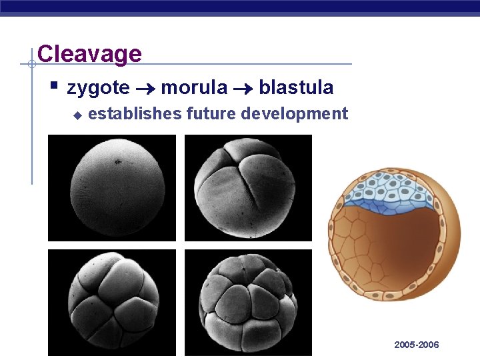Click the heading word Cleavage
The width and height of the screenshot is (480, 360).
pyautogui.click(x=89, y=54)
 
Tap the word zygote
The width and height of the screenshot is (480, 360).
pyautogui.click(x=98, y=87)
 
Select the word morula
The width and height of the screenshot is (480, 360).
pyautogui.click(x=194, y=87)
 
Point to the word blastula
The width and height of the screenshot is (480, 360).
pyautogui.click(x=296, y=87)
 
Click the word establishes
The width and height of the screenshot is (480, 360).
pyautogui.click(x=135, y=114)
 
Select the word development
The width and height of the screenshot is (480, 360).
pyautogui.click(x=294, y=114)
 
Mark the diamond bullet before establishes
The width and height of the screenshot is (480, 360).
pyautogui.click(x=77, y=115)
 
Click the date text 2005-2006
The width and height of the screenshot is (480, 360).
pyautogui.click(x=417, y=345)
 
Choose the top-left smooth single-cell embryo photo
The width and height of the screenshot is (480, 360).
pyautogui.click(x=112, y=188)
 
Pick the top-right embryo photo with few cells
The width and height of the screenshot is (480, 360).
pyautogui.click(x=248, y=188)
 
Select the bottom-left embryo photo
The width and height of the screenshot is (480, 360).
pyautogui.click(x=112, y=303)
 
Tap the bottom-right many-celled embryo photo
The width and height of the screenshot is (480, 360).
pyautogui.click(x=248, y=303)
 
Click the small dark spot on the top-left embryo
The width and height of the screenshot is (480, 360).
pyautogui.click(x=118, y=161)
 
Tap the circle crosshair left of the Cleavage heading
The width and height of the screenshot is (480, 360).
pyautogui.click(x=31, y=65)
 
